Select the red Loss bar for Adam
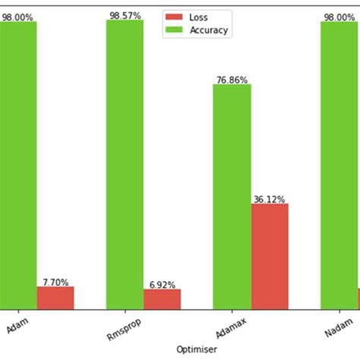tap(55, 298)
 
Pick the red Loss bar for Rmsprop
tap(162, 299)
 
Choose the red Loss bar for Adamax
tap(270, 256)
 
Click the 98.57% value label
tap(125, 15)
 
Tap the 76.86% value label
tap(232, 79)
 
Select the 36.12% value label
tap(270, 199)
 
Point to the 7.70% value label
tap(55, 282)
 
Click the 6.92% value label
tap(162, 284)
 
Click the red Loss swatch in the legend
tap(175, 17)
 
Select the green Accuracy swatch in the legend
tap(175, 30)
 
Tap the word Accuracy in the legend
tap(209, 30)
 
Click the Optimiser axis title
tap(197, 348)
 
